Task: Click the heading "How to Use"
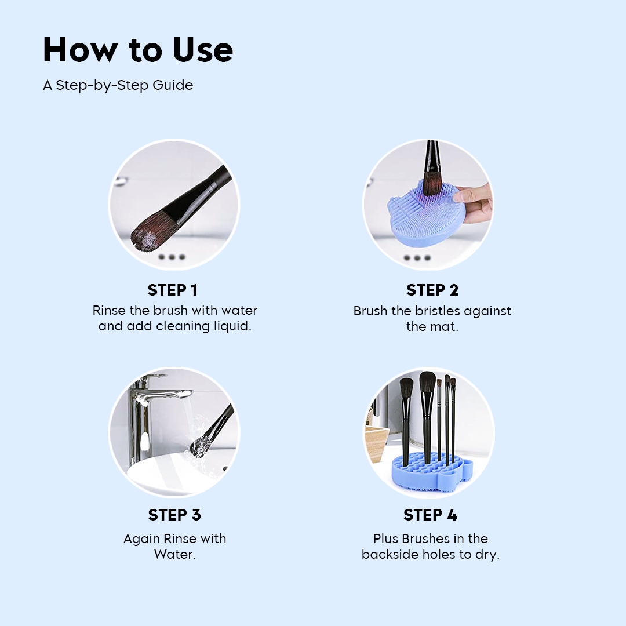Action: (x=138, y=50)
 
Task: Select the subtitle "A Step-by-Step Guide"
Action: (x=118, y=85)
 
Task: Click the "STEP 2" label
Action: (x=432, y=290)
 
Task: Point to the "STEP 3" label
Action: (x=174, y=515)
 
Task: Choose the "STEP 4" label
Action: (x=430, y=515)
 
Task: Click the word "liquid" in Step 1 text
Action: (x=232, y=326)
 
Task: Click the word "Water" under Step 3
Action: (x=174, y=554)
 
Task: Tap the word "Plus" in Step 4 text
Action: (x=385, y=538)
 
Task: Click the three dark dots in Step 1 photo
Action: (x=172, y=257)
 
